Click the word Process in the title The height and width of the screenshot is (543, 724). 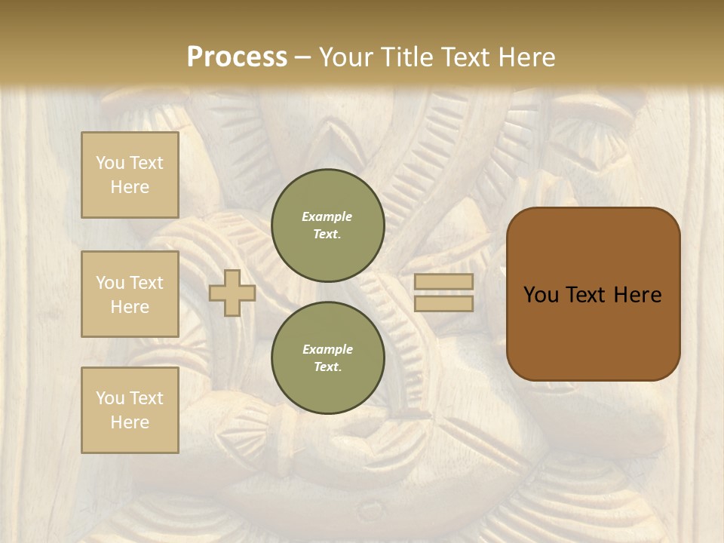[x=237, y=57]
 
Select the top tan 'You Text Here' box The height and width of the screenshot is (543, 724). [x=130, y=175]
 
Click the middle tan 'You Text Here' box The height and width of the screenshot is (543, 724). [x=130, y=294]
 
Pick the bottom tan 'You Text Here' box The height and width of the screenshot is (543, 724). [x=130, y=410]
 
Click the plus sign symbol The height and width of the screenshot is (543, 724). [x=232, y=293]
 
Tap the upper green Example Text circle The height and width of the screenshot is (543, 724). [x=327, y=225]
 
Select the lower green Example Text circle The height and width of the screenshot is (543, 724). [x=327, y=358]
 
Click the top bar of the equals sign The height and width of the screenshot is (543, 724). [x=443, y=282]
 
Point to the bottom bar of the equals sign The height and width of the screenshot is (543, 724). [x=443, y=304]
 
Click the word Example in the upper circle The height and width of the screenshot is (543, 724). [x=327, y=216]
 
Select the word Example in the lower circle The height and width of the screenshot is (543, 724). [x=327, y=349]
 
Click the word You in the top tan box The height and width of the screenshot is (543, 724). [x=109, y=163]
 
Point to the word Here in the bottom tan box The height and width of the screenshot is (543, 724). [x=130, y=422]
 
